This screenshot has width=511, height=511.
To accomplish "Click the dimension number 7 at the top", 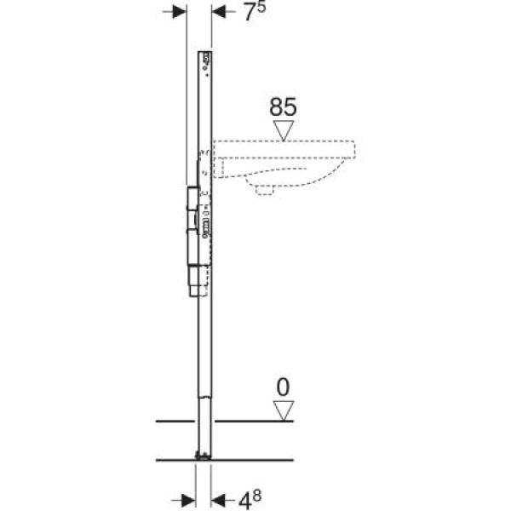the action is (x=250, y=13).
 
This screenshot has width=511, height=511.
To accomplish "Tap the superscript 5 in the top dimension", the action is (x=261, y=7).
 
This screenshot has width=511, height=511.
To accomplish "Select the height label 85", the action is (x=283, y=107).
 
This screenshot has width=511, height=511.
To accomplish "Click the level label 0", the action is (x=283, y=388).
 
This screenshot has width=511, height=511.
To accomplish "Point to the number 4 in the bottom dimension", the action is (x=244, y=501).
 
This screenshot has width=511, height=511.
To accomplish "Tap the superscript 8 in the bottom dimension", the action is (x=257, y=496).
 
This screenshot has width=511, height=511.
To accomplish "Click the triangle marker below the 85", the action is (x=284, y=130).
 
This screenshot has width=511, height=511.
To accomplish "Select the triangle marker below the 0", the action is (x=284, y=411).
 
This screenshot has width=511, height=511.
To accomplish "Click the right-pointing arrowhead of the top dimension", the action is (x=179, y=12).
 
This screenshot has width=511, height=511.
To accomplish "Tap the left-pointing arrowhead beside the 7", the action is (x=219, y=12).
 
